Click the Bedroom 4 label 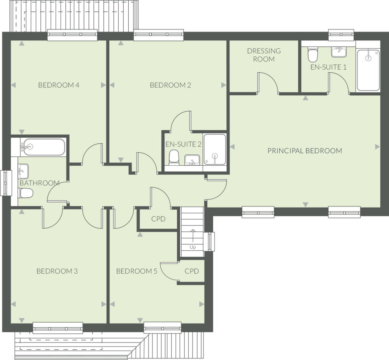pyautogui.click(x=59, y=85)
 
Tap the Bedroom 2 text pyautogui.click(x=170, y=85)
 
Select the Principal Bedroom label pyautogui.click(x=305, y=150)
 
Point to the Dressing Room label pyautogui.click(x=264, y=55)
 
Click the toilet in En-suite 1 pyautogui.click(x=312, y=55)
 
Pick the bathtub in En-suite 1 pyautogui.click(x=368, y=70)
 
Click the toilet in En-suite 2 pyautogui.click(x=174, y=157)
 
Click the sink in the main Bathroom pyautogui.click(x=23, y=170)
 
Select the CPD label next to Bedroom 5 pyautogui.click(x=192, y=271)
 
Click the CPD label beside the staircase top pyautogui.click(x=158, y=219)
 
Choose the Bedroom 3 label pyautogui.click(x=57, y=271)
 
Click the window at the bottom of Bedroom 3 pyautogui.click(x=58, y=328)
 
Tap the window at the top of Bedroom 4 pyautogui.click(x=72, y=35)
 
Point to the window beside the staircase pyautogui.click(x=210, y=241)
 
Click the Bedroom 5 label pyautogui.click(x=137, y=271)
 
